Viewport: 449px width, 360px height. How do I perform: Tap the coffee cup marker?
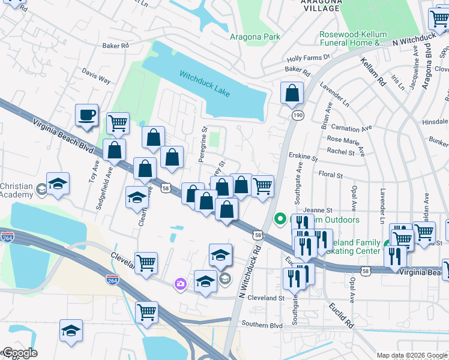[x=87, y=115]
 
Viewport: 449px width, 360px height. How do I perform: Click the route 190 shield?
[x=297, y=114]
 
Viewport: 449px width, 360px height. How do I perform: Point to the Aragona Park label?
[x=255, y=37]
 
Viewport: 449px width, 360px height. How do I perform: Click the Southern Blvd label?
[x=262, y=325]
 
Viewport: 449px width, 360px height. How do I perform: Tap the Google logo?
[x=19, y=353]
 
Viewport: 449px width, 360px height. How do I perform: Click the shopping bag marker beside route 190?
[x=292, y=93]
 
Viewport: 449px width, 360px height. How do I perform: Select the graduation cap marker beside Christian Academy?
[x=58, y=183]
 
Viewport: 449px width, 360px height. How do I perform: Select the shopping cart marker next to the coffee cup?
[x=118, y=123]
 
